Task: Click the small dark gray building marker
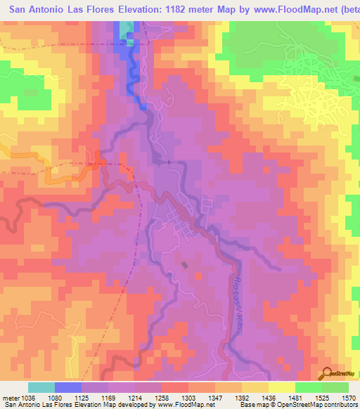pos(185,265)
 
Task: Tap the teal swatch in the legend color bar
pos(41,387)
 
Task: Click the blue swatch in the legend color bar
pos(68,387)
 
